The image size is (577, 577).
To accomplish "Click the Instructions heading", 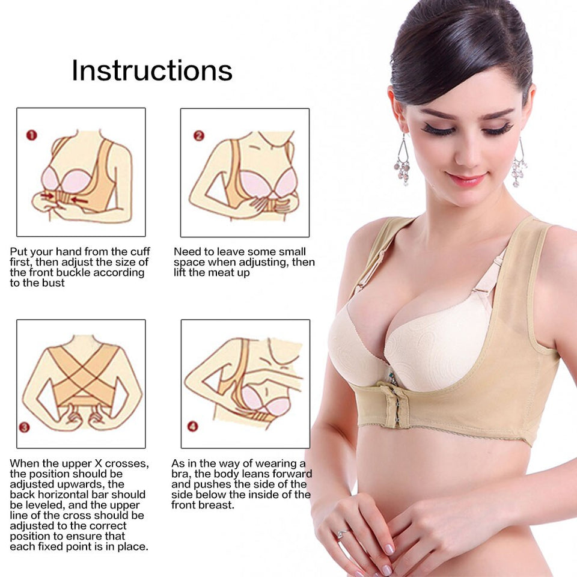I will tap(152, 70).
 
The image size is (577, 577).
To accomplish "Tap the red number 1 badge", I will tap(31, 135).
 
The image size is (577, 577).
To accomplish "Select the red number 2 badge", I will tap(198, 135).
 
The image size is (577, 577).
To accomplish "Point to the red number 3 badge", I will tap(24, 427).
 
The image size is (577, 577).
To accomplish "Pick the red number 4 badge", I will tap(192, 427).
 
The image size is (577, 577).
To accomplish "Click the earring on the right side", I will tap(519, 164).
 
